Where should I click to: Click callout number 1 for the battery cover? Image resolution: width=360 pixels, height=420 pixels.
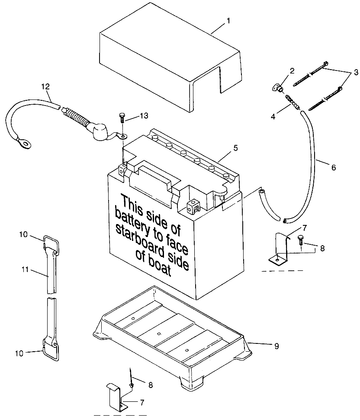[228, 20]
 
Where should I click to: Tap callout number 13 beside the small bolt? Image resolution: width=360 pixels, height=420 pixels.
[143, 117]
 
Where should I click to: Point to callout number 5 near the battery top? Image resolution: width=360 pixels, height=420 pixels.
[236, 147]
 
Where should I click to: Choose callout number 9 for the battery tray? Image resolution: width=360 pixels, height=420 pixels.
[276, 346]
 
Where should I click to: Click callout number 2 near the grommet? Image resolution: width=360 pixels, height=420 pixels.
[280, 71]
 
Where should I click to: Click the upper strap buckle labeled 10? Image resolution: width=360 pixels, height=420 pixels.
[51, 242]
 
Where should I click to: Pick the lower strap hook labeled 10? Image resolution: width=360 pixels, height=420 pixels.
[51, 349]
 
